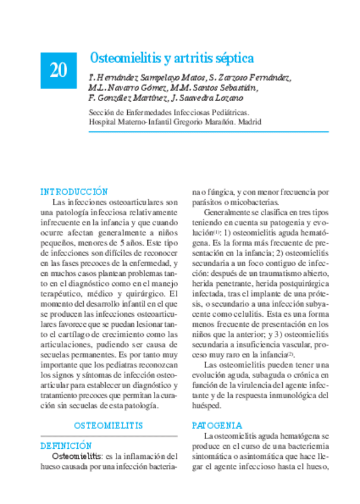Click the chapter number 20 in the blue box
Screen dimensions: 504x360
pos(58,70)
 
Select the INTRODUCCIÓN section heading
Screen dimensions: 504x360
pos(74,192)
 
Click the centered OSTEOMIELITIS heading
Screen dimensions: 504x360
pos(109,426)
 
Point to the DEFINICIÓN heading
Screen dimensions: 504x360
pos(66,445)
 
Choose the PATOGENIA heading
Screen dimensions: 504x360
pos(217,426)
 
